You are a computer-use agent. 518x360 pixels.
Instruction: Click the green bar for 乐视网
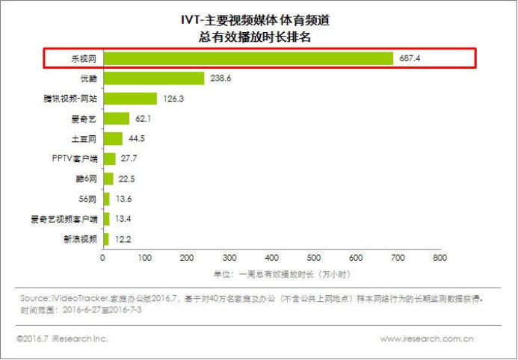pyautogui.click(x=247, y=58)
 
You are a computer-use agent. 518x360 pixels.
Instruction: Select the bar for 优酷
pyautogui.click(x=153, y=78)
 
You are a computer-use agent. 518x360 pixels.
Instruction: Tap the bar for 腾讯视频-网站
pyautogui.click(x=129, y=99)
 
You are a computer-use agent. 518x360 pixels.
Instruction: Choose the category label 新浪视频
pyautogui.click(x=80, y=239)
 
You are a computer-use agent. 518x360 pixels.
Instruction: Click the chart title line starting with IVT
pyautogui.click(x=259, y=20)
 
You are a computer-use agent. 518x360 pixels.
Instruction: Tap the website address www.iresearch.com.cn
pyautogui.click(x=426, y=339)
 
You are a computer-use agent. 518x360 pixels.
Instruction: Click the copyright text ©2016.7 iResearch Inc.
pyautogui.click(x=62, y=339)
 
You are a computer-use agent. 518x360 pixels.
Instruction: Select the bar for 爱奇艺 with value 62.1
pyautogui.click(x=116, y=118)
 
